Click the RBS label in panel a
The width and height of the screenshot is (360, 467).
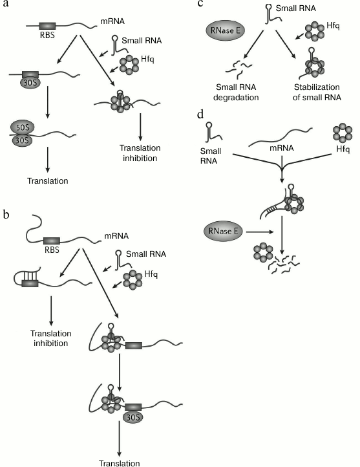(47, 38)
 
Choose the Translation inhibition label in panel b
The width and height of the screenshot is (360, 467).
(50, 338)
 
